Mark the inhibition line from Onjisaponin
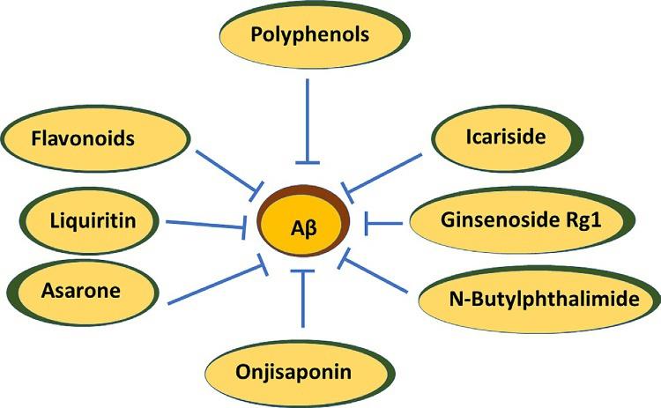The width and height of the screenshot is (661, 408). click(302, 304)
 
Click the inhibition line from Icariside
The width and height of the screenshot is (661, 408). click(388, 173)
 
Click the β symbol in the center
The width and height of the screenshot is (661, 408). click(308, 226)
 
